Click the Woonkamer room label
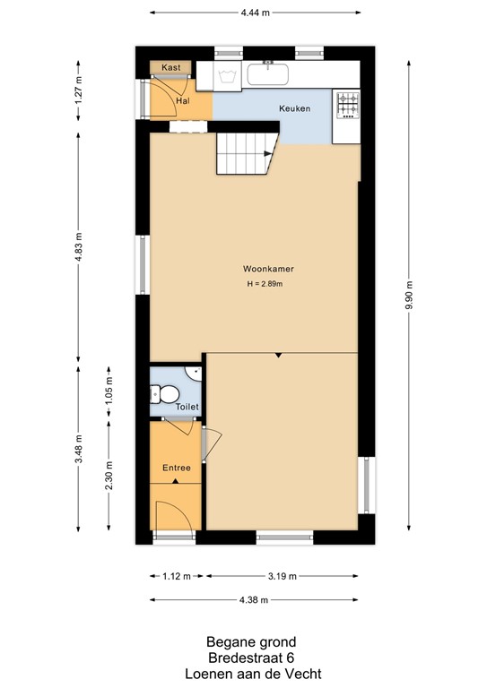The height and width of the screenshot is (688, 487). point(269,268)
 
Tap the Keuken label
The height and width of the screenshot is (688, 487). point(294,108)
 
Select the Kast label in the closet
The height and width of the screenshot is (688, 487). point(171,67)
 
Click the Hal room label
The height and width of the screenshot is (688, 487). point(183,101)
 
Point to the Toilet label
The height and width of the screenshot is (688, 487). point(187,407)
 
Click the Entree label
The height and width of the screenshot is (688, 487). point(176,468)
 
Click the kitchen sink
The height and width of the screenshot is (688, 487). point(267,73)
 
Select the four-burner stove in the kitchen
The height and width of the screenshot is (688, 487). point(346,105)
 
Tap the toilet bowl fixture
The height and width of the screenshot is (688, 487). point(162,392)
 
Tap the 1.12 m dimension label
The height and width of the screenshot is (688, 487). point(175,577)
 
